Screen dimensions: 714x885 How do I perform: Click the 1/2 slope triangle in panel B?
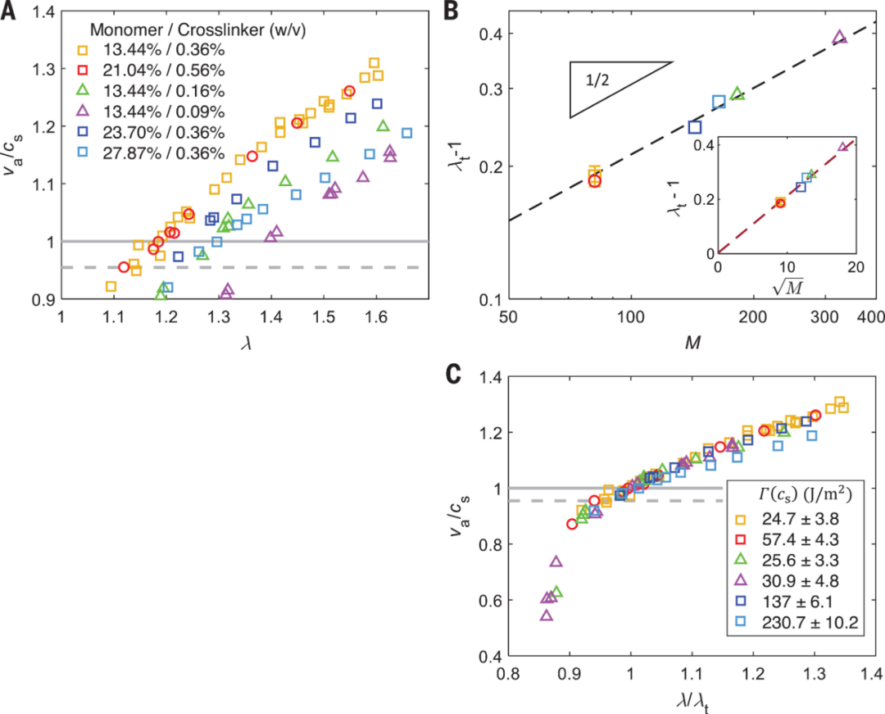tap(610, 88)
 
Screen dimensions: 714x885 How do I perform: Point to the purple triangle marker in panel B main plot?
tap(839, 37)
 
